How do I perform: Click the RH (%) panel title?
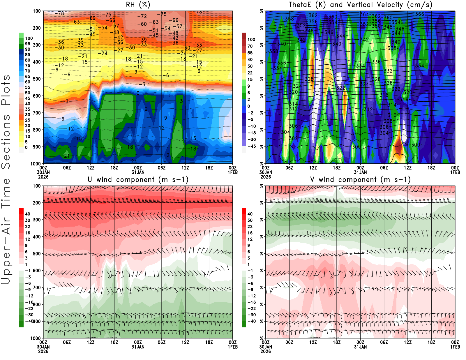pos(138,5)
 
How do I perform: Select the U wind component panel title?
pos(138,180)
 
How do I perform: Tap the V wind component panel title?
pos(360,180)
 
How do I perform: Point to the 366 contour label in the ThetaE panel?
pos(419,14)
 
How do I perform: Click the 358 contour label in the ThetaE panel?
pos(289,19)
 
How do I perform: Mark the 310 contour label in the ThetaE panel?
pos(392,115)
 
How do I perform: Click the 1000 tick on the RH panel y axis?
pos(36,164)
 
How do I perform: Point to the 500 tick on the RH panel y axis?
pos(37,79)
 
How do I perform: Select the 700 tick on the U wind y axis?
pos(37,288)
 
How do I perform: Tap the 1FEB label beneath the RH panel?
pos(233,172)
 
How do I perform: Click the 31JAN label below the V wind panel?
pos(360,347)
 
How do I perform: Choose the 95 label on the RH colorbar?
pos(27,44)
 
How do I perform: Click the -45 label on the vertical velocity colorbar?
pos(251,146)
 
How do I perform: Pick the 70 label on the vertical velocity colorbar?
pos(250,46)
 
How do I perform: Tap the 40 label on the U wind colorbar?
pos(27,214)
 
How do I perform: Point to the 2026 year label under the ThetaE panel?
pos(266,177)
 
